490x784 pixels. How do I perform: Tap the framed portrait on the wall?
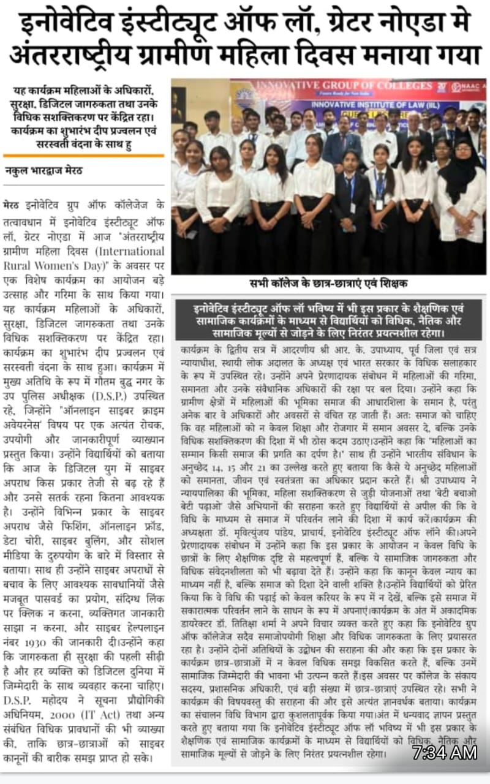178,105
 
